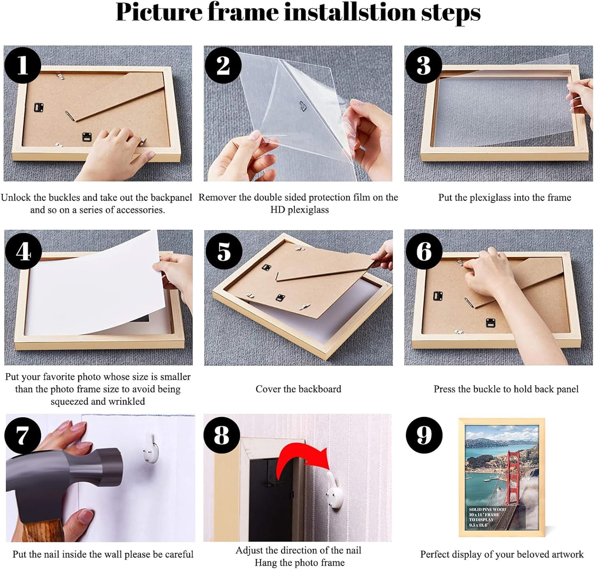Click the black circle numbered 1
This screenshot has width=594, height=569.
(22, 65)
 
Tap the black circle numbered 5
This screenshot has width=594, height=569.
(223, 251)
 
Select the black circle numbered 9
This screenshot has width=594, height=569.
(424, 435)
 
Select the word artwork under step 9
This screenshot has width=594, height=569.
(565, 555)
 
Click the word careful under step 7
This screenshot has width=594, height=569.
(178, 555)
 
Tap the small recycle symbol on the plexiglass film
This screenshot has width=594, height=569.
(303, 106)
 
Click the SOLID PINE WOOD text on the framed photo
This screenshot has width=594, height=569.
(487, 509)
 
